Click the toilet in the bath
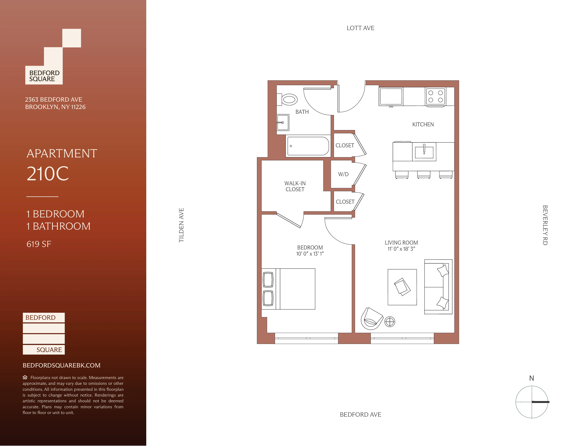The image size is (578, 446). [288, 100]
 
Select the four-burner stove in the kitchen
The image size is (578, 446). [435, 96]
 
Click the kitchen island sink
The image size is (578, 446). [424, 152]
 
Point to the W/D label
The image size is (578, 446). [343, 174]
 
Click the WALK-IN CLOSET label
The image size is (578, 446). [295, 186]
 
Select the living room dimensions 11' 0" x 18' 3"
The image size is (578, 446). [401, 249]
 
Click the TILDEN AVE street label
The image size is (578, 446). [181, 225]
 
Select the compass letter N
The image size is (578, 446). [531, 378]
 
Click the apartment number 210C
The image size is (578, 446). [48, 174]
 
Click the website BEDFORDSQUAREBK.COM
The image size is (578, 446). [61, 365]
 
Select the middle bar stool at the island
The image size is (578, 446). [424, 174]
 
